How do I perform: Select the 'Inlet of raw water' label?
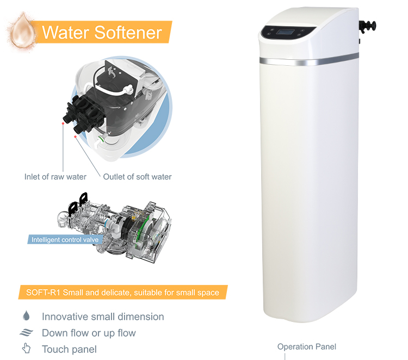click(55, 177)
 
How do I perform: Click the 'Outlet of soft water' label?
click(138, 177)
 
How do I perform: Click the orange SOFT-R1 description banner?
click(122, 293)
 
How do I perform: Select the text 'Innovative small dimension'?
click(103, 316)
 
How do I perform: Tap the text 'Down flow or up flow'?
click(89, 333)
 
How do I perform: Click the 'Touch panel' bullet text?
click(69, 349)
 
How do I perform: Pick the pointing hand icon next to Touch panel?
click(26, 349)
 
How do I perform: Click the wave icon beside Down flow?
click(27, 333)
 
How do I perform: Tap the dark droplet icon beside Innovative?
click(26, 316)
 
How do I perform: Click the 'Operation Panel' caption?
click(307, 346)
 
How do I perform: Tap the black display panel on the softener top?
click(282, 32)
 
